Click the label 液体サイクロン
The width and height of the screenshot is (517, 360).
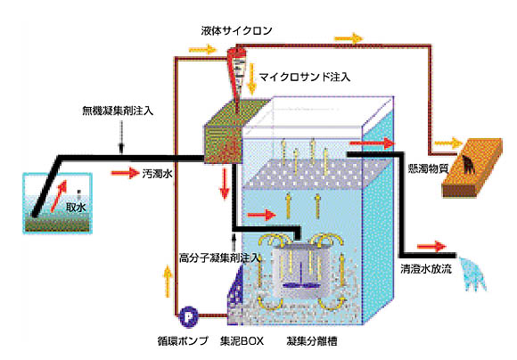click(236, 30)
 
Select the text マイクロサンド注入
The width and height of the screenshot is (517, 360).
click(304, 78)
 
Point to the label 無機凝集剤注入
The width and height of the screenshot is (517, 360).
click(118, 110)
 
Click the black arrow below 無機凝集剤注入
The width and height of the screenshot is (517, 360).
click(121, 137)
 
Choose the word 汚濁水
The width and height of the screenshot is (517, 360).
click(157, 174)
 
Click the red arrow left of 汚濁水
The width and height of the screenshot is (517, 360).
click(125, 173)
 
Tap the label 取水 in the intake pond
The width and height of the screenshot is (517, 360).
click(76, 208)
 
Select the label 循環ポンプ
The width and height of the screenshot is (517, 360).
click(183, 341)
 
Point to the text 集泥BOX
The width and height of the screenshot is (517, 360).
click(242, 341)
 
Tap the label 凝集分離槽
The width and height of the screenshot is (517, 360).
click(312, 341)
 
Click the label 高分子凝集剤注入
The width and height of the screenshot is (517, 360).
click(219, 258)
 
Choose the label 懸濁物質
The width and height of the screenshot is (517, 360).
click(428, 168)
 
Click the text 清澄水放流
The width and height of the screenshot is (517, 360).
click(426, 269)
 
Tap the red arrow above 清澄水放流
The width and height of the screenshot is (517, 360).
click(431, 246)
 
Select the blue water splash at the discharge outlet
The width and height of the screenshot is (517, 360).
click(473, 274)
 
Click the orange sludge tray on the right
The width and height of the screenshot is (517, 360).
click(472, 168)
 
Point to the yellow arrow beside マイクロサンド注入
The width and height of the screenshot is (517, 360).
click(252, 78)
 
